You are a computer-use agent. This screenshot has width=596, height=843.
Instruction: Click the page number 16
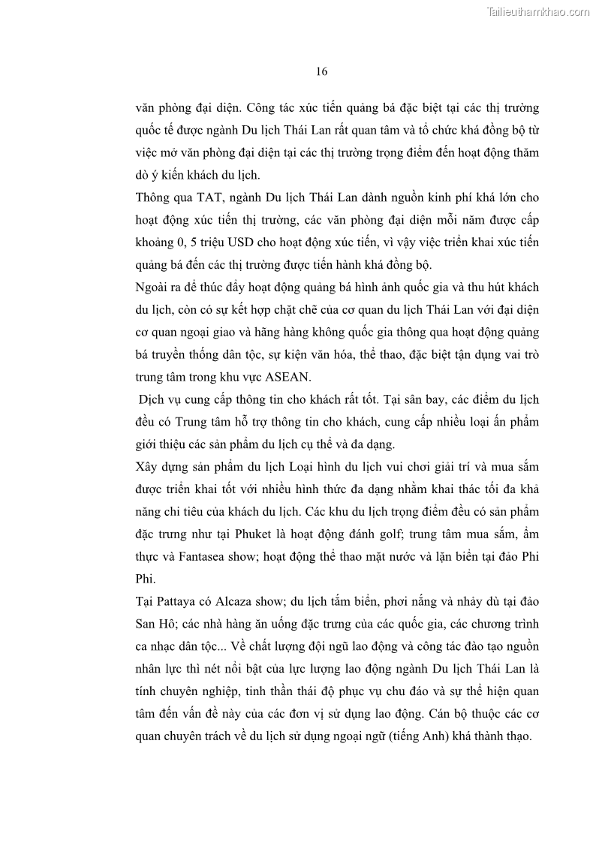[321, 72]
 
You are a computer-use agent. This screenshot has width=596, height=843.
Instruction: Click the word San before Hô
[147, 625]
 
